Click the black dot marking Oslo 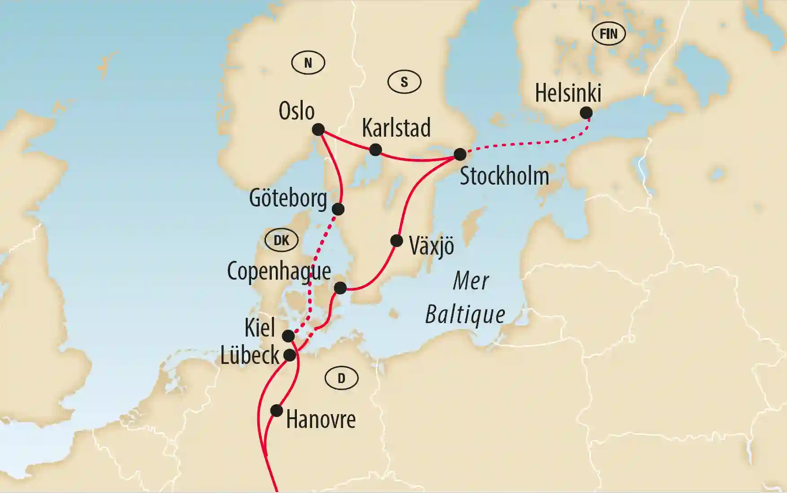coord(318,130)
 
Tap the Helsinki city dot coord(586,113)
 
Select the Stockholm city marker coord(460,154)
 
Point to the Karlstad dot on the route coord(375,150)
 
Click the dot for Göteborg coord(338,209)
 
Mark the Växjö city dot coord(396,241)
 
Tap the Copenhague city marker coord(340,288)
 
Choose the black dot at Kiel coord(288,336)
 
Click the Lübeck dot coord(290,355)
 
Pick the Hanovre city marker coord(277,410)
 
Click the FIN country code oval coord(609,34)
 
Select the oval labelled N coord(308,63)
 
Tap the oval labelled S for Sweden coord(404,82)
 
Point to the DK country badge coord(281,240)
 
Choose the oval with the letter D coord(341,378)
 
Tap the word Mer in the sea coord(471,281)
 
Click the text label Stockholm coord(504,176)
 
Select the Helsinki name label coord(568,93)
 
